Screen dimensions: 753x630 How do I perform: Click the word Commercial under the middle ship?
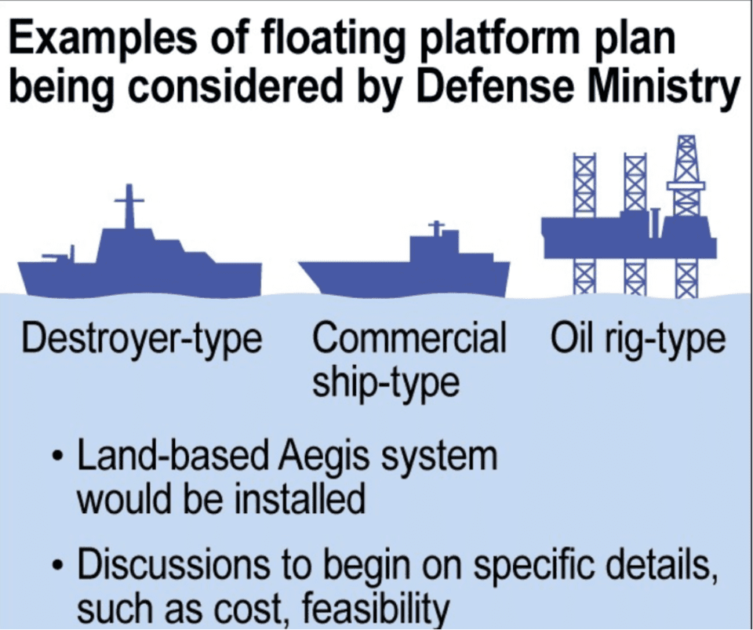tap(409, 337)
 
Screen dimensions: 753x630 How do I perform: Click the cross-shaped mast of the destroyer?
tap(129, 206)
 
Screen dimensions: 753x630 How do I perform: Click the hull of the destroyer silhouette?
tap(140, 279)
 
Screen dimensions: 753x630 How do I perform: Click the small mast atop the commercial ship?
tap(437, 228)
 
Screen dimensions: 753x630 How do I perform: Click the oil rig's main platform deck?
tap(629, 238)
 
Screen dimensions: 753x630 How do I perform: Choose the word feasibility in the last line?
tap(376, 607)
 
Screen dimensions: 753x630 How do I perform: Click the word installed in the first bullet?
tap(300, 500)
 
